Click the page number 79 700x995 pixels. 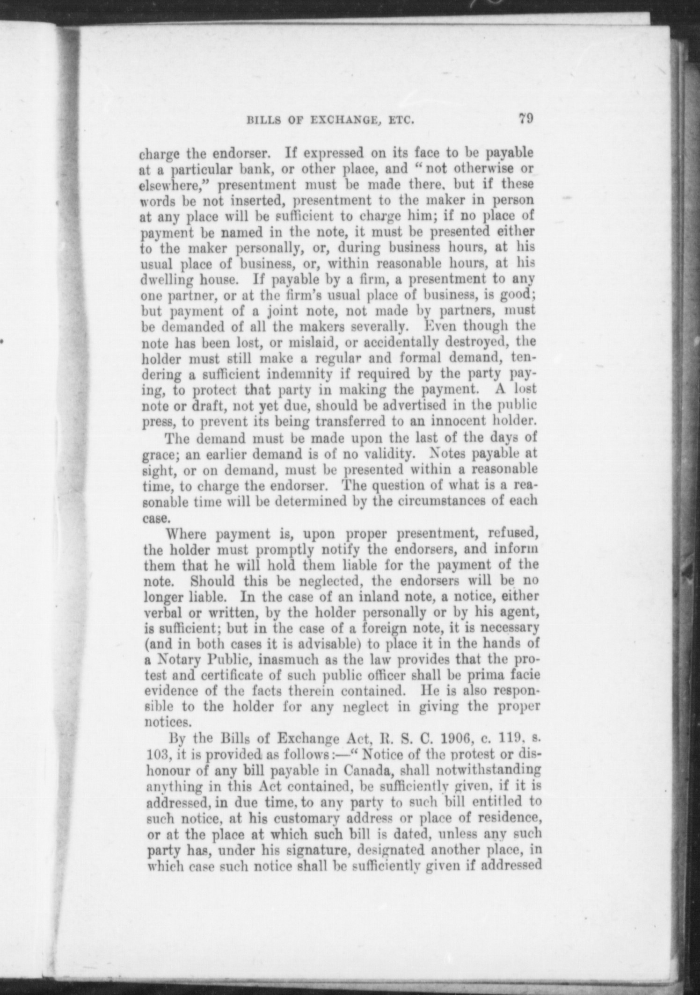pos(525,119)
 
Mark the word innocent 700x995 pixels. pos(450,421)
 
